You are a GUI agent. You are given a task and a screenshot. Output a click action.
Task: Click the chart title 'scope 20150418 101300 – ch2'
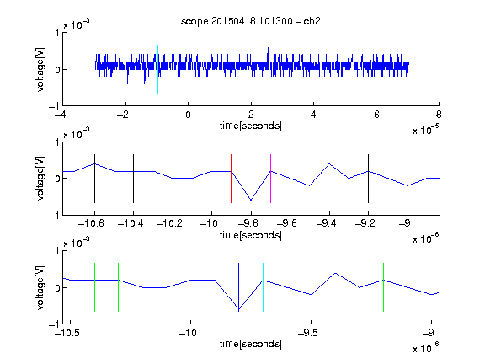pos(251,21)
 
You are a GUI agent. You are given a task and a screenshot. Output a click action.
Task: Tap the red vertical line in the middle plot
pos(231,179)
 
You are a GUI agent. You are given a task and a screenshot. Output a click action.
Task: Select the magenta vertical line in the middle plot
pos(270,179)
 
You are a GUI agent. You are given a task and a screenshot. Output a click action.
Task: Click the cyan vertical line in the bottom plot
pos(263,287)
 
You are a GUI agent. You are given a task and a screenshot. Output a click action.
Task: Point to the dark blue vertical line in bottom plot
pos(238,287)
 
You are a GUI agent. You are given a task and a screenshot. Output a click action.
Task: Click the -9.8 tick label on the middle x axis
pos(248,223)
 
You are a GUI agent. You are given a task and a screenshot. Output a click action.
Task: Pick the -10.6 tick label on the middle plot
pos(91,223)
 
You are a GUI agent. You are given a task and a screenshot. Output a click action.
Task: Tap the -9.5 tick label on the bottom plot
pos(309,333)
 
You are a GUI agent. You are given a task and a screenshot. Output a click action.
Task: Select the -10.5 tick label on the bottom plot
pos(67,333)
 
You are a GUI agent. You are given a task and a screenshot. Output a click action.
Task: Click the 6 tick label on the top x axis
pos(376,115)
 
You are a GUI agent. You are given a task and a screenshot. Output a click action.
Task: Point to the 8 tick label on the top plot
pos(439,115)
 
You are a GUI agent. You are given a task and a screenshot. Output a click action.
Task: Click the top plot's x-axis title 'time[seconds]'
pos(251,126)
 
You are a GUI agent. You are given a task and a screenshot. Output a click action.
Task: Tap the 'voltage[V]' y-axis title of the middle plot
pos(40,179)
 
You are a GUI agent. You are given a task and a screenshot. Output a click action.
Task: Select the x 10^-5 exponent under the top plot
pos(426,130)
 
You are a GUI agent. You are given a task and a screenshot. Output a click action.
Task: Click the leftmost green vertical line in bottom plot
pos(94,287)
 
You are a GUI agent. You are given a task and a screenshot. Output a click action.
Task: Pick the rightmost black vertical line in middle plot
pos(408,179)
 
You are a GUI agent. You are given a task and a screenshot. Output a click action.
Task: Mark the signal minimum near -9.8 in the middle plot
pos(251,200)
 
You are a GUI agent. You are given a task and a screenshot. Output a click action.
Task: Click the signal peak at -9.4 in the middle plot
pos(329,163)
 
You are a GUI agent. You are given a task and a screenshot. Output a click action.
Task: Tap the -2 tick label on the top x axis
pos(122,115)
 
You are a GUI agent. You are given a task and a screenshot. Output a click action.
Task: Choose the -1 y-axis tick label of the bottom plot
pos(54,324)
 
